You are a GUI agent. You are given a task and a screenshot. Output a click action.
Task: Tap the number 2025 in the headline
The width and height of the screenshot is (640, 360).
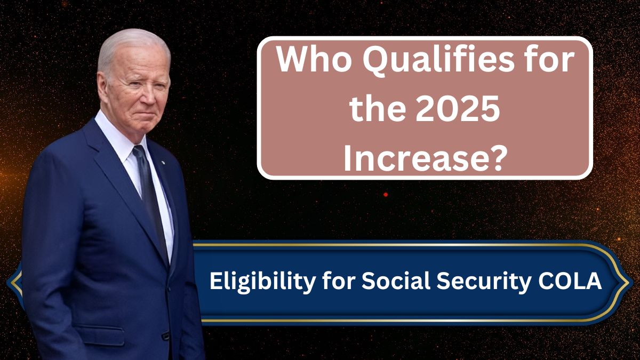click(458, 109)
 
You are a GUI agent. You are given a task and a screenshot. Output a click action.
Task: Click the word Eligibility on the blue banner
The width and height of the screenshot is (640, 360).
click(262, 282)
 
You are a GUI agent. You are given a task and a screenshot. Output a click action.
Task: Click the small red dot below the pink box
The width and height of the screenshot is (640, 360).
click(386, 195)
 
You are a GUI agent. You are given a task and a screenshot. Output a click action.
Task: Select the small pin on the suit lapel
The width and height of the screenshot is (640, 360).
click(163, 163)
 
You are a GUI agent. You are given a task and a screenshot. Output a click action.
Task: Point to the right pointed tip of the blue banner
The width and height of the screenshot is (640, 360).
click(629, 282)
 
